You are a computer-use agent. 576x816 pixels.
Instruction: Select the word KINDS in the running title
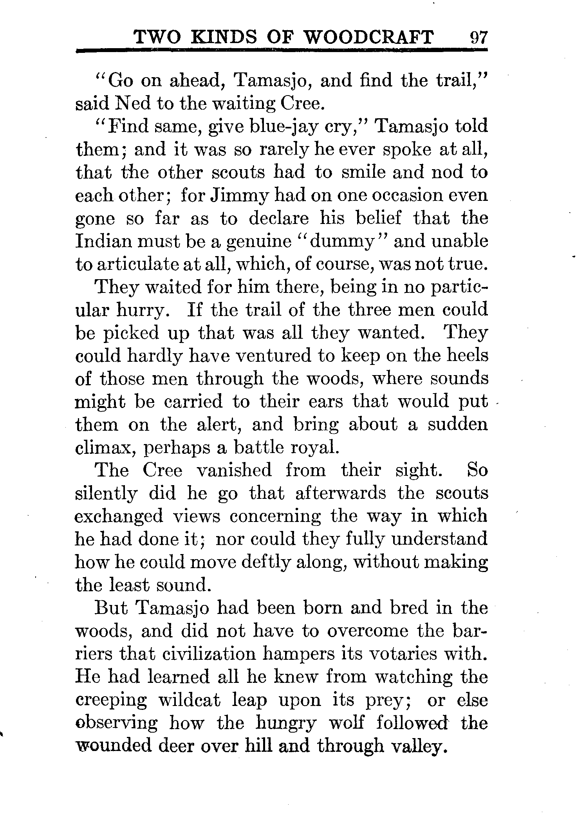coord(222,38)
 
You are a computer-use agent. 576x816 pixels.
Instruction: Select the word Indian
coord(104,241)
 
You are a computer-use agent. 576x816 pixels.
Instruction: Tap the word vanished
coord(233,470)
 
